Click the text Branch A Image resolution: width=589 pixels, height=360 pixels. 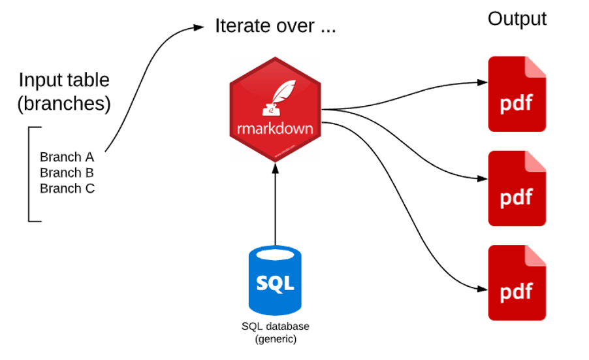[67, 157]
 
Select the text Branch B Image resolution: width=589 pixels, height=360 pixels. [67, 172]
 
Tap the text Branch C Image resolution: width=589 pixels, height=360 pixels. [67, 189]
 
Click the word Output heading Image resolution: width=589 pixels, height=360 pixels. [517, 19]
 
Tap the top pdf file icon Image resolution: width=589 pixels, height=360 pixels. [517, 94]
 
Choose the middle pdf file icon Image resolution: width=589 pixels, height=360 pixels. [517, 188]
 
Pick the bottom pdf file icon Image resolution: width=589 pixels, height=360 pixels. [517, 282]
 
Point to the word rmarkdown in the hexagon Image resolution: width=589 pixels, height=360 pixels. [275, 128]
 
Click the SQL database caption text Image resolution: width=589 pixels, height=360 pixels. [275, 326]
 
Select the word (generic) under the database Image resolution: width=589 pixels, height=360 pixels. [275, 338]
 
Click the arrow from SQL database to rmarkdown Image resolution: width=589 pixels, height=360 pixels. [275, 203]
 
